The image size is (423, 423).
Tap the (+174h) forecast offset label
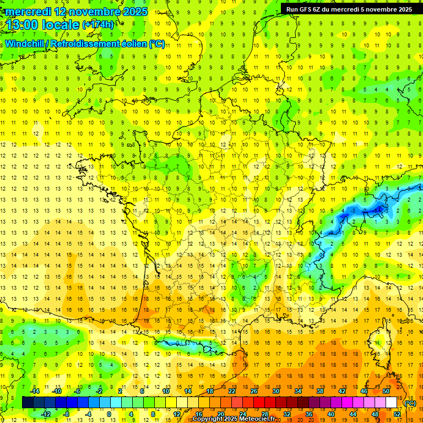point(98,24)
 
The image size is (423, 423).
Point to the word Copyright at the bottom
point(208,419)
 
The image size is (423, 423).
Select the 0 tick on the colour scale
point(109,414)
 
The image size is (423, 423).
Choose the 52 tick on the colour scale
point(397,414)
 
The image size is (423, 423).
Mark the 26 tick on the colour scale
point(254,391)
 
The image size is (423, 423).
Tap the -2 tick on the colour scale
point(99,391)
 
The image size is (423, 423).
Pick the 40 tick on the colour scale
point(330,414)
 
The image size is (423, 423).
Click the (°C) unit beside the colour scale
point(410,403)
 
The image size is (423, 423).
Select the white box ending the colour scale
point(392,403)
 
